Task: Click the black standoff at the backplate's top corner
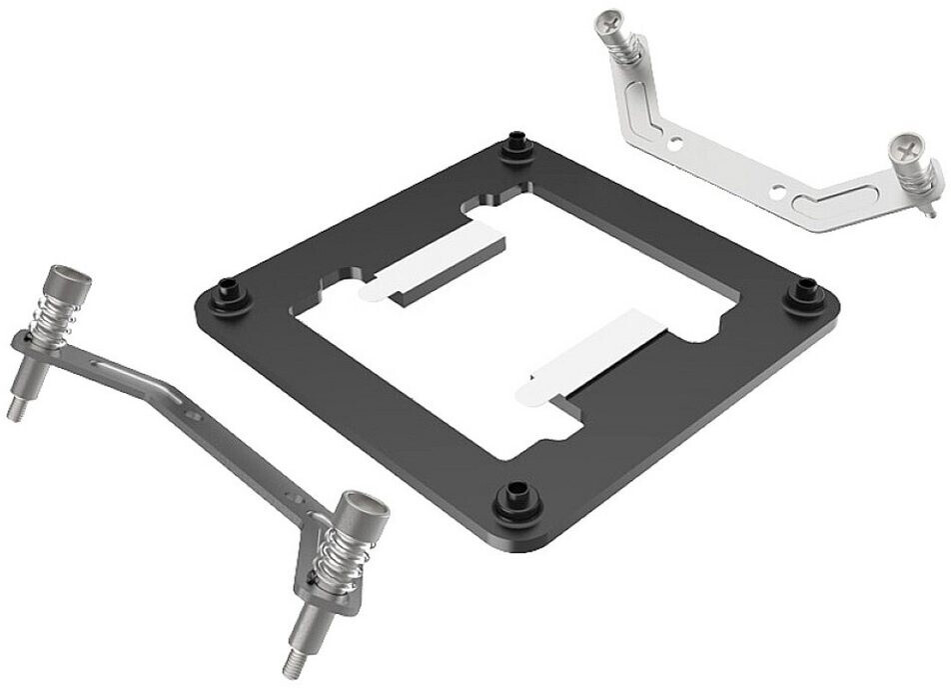pyautogui.click(x=515, y=146)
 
